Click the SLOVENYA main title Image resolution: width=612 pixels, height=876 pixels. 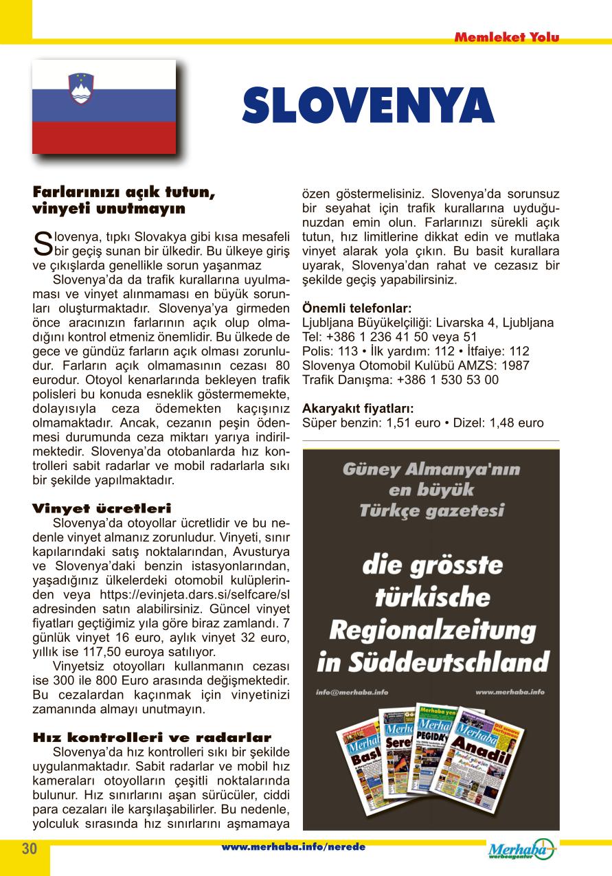pyautogui.click(x=368, y=105)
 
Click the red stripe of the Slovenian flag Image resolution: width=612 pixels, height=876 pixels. pyautogui.click(x=104, y=138)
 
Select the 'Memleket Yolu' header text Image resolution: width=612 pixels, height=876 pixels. pyautogui.click(x=506, y=37)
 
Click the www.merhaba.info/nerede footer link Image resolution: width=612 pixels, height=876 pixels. pyautogui.click(x=293, y=847)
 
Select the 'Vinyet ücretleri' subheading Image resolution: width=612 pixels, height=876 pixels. pyautogui.click(x=102, y=508)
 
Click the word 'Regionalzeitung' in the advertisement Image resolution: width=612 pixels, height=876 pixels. pyautogui.click(x=432, y=629)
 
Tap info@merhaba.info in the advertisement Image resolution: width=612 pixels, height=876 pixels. pyautogui.click(x=351, y=692)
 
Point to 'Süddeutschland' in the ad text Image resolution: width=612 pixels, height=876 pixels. pyautogui.click(x=448, y=663)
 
